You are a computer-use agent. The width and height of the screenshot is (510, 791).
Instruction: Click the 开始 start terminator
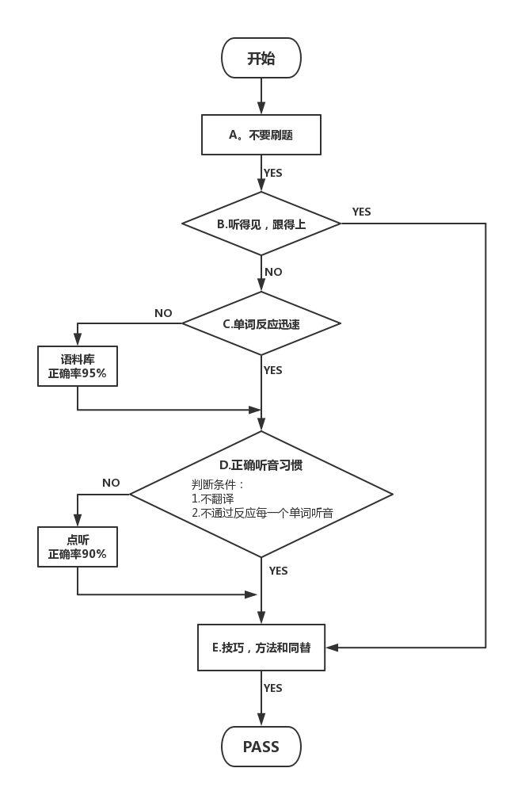tap(261, 58)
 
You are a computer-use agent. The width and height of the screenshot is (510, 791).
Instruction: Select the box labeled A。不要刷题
tap(261, 135)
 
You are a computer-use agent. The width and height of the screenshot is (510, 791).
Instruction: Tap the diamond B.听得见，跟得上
tap(261, 224)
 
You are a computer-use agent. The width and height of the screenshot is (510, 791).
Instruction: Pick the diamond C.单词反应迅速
tap(261, 323)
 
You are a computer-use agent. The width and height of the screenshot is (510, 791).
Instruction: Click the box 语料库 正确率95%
tap(78, 366)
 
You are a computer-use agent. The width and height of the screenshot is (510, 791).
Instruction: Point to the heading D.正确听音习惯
tap(261, 465)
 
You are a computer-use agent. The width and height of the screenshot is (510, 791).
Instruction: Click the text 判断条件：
tap(218, 484)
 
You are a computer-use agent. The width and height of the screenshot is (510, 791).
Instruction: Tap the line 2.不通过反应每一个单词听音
tap(262, 513)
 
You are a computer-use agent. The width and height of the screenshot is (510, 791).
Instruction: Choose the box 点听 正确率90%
tap(78, 547)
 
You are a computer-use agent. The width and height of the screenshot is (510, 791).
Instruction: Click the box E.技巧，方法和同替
tap(261, 648)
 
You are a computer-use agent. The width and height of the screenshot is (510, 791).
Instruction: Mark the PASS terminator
tap(261, 747)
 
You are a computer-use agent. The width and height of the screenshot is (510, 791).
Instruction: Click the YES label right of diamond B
tap(361, 212)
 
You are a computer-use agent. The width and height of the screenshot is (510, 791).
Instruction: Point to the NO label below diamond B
tap(273, 272)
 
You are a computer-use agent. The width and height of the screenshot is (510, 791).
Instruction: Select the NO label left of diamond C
tap(163, 313)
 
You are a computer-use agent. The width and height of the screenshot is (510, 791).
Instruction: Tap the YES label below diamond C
tap(272, 370)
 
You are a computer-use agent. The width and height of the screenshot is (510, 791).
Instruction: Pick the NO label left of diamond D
tap(111, 483)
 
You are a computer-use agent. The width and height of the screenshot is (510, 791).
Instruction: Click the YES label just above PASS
tap(272, 688)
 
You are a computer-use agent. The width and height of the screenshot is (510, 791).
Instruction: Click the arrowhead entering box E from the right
tap(332, 648)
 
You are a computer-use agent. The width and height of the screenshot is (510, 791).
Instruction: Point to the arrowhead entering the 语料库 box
tap(78, 340)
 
